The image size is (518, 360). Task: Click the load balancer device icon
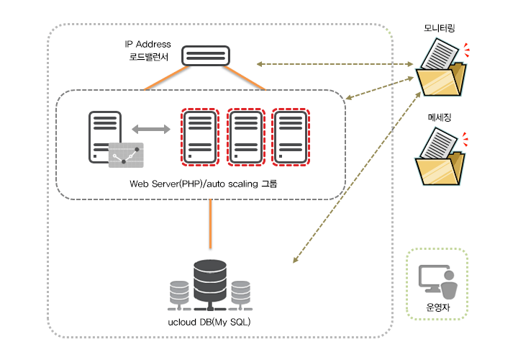206,56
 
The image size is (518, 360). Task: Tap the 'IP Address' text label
147,45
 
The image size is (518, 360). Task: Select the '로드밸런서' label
148,58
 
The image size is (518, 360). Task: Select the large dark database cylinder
209,283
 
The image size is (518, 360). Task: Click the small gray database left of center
178,292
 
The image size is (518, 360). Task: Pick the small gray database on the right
241,292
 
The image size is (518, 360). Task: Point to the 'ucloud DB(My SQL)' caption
209,319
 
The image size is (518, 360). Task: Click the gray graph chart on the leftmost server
126,155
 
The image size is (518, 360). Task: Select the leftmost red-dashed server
199,136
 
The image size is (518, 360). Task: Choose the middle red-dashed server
245,136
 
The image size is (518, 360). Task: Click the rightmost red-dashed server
290,136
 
